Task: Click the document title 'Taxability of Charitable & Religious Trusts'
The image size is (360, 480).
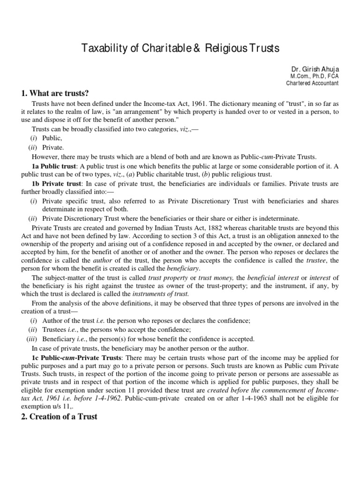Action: pos(180,48)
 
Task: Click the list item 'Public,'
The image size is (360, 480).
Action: pos(52,138)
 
